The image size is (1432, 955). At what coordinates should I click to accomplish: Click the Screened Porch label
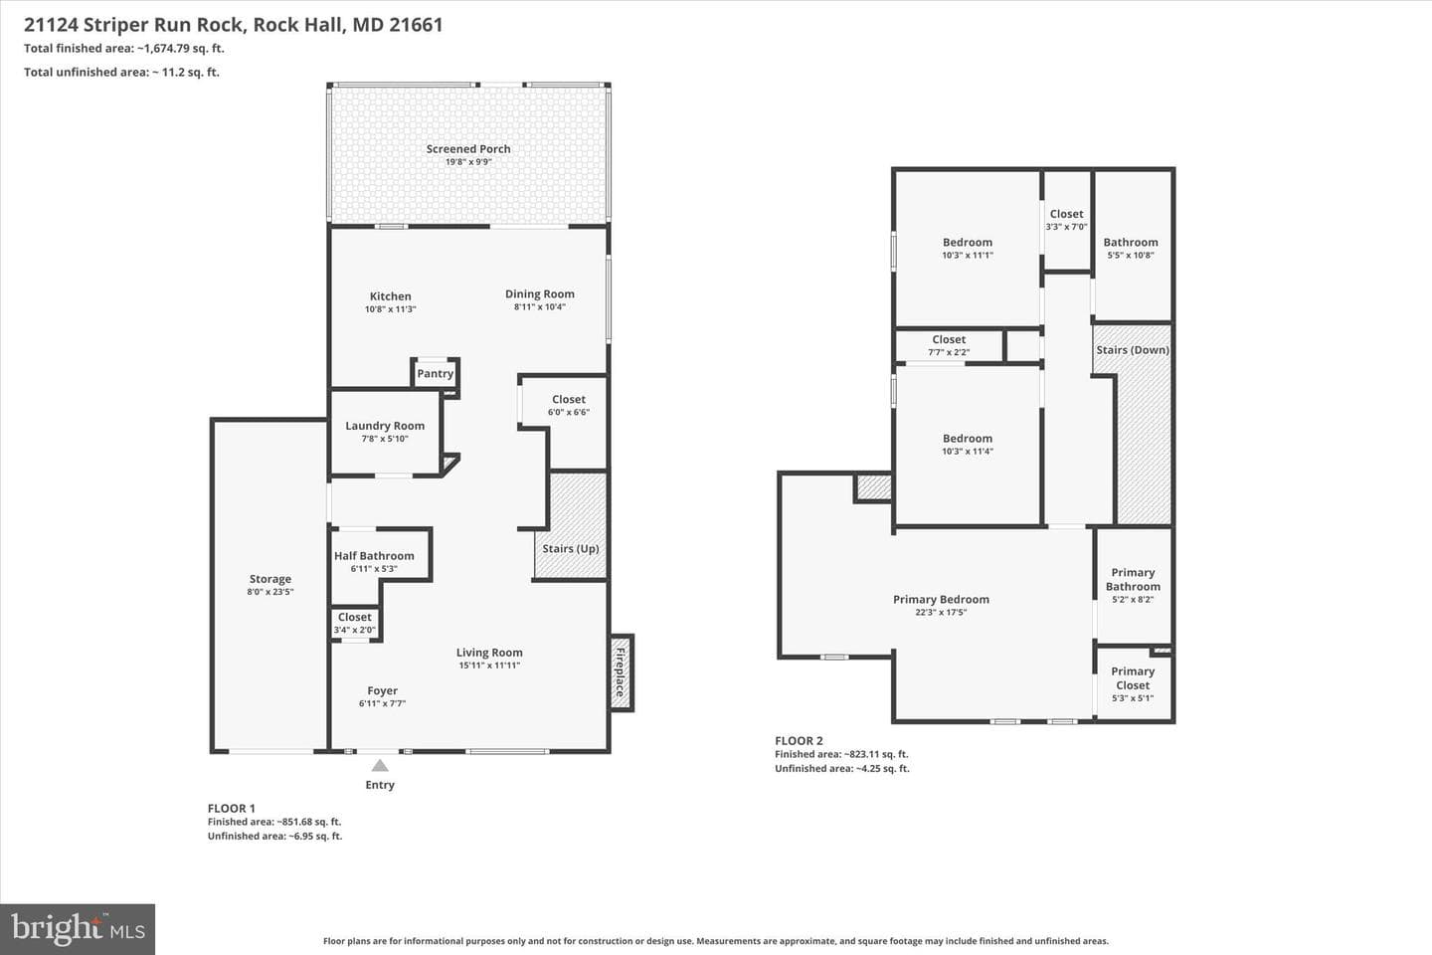(x=468, y=149)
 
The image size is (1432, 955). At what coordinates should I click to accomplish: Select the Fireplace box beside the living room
(x=621, y=672)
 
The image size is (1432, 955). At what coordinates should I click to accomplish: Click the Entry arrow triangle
(x=380, y=765)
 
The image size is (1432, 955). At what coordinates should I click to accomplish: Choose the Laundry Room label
(x=385, y=426)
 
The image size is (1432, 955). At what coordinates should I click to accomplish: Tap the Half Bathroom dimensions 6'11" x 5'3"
(x=374, y=569)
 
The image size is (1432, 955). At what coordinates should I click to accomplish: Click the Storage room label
(x=270, y=579)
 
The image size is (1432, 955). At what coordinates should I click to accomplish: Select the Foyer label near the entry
(x=382, y=690)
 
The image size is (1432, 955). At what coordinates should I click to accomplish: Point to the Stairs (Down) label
(x=1133, y=350)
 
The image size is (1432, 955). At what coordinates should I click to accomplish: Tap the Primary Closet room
(x=1133, y=683)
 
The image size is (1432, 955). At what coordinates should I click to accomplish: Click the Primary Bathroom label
(x=1133, y=580)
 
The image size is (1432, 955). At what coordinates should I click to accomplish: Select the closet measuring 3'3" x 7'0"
(x=1066, y=220)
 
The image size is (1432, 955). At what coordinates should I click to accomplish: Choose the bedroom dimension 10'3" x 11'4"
(x=968, y=451)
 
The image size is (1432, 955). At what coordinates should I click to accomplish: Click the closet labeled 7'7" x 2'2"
(x=949, y=345)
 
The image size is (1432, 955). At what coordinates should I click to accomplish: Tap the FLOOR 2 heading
(x=800, y=741)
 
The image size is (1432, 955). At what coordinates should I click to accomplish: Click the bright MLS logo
(x=78, y=929)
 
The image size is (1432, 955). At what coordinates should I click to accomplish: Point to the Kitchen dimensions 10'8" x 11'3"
(x=391, y=309)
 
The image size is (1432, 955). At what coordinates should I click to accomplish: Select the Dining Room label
(x=540, y=294)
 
